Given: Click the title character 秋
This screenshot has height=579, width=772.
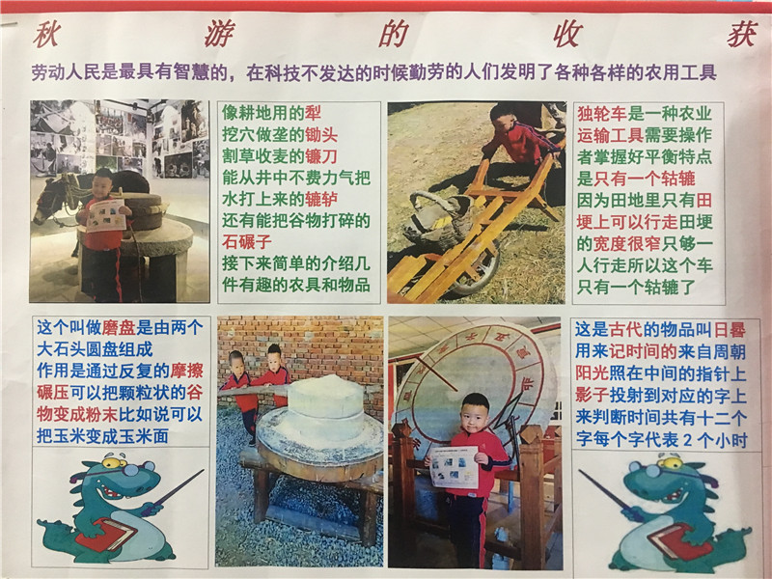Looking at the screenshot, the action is coord(46,35).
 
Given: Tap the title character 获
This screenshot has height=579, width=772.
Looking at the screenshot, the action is coord(742,35).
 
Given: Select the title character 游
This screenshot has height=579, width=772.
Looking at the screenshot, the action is coord(220,35).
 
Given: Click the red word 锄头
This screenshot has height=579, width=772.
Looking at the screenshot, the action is coord(321,135).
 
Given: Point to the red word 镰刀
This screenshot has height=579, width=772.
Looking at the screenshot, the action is coord(321,156).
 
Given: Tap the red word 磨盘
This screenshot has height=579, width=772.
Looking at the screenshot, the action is coord(119,327).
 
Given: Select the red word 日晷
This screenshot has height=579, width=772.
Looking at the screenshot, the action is coord(731,330).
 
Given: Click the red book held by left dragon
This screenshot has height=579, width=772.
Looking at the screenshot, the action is coord(106,535).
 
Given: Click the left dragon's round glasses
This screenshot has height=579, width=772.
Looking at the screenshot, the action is coord(124,465).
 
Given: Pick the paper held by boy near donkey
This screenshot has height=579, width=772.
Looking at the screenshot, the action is coord(105,214).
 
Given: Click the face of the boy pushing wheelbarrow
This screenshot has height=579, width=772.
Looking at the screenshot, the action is coord(503,123).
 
